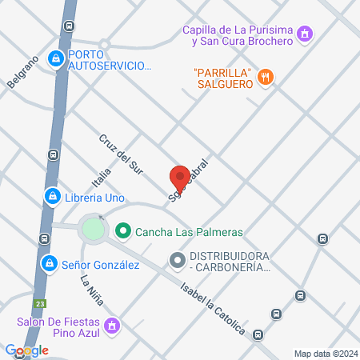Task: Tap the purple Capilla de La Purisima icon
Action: click(303, 34)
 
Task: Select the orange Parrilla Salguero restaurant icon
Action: click(266, 77)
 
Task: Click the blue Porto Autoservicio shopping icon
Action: click(55, 58)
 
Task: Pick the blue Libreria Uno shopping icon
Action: click(51, 196)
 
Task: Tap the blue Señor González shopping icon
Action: click(49, 262)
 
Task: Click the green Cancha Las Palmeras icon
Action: click(122, 233)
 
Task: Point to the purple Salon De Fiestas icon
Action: click(113, 326)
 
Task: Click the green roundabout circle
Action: click(94, 229)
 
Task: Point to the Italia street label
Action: click(100, 173)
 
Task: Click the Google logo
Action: click(26, 350)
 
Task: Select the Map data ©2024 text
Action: click(325, 354)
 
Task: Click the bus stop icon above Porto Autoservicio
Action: click(70, 26)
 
